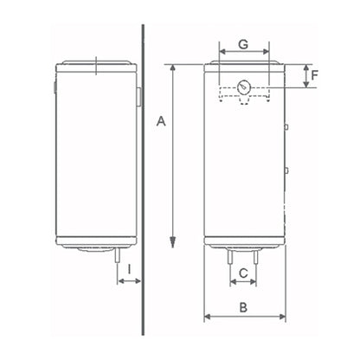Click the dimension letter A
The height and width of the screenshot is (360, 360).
pos(161,121)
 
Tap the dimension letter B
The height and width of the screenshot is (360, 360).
pos(243,307)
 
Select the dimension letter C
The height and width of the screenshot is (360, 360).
pos(243,273)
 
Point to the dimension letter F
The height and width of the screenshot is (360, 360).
pos(314,75)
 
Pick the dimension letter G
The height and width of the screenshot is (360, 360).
pos(243,44)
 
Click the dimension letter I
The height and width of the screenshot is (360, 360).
pos(129,269)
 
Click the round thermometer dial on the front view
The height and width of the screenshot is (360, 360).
pos(244,87)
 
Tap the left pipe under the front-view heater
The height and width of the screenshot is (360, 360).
pos(230,256)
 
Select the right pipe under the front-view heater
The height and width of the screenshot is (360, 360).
pos(255,256)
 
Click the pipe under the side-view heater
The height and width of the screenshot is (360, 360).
pos(118,255)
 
